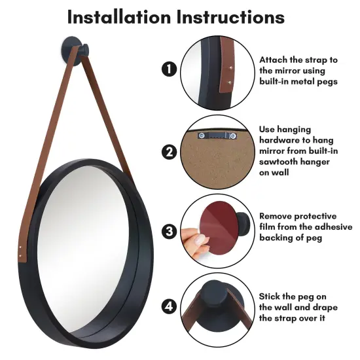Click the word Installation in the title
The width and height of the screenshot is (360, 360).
(x=120, y=16)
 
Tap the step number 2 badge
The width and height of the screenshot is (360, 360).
(x=169, y=152)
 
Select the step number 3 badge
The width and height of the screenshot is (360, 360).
(x=169, y=230)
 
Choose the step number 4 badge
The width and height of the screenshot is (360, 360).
(x=169, y=306)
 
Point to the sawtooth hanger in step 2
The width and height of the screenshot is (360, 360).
(x=215, y=135)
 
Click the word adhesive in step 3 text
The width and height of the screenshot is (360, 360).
(x=331, y=227)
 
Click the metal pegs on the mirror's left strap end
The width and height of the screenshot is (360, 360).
(x=24, y=248)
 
